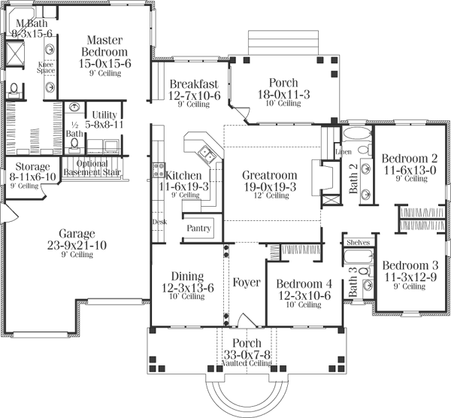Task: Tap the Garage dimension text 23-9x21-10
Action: pos(77,244)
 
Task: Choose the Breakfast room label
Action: pos(194,83)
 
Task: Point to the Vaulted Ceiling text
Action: pos(246,363)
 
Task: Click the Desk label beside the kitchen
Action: pos(158,223)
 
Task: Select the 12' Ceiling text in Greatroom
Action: pos(270,195)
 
